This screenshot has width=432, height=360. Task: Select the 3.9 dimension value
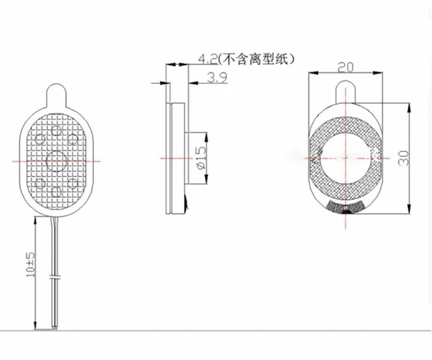216,77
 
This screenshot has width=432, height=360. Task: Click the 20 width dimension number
345,66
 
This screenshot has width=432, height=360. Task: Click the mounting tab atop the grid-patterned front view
57,94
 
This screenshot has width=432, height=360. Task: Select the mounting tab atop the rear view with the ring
345,88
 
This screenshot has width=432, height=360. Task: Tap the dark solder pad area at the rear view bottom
345,207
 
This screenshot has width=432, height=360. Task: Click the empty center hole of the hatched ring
345,156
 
